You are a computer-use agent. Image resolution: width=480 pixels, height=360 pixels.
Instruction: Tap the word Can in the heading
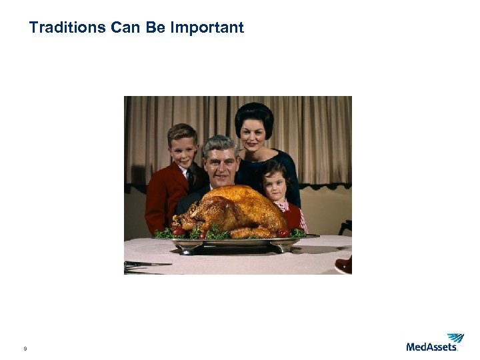[126, 27]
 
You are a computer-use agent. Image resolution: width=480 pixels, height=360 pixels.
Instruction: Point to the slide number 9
[25, 349]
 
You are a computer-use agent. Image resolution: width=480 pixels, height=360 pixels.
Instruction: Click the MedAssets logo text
[431, 347]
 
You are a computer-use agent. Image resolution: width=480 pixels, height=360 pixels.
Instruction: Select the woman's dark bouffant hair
[254, 113]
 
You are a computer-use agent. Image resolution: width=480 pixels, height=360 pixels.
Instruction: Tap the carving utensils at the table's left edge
[143, 265]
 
